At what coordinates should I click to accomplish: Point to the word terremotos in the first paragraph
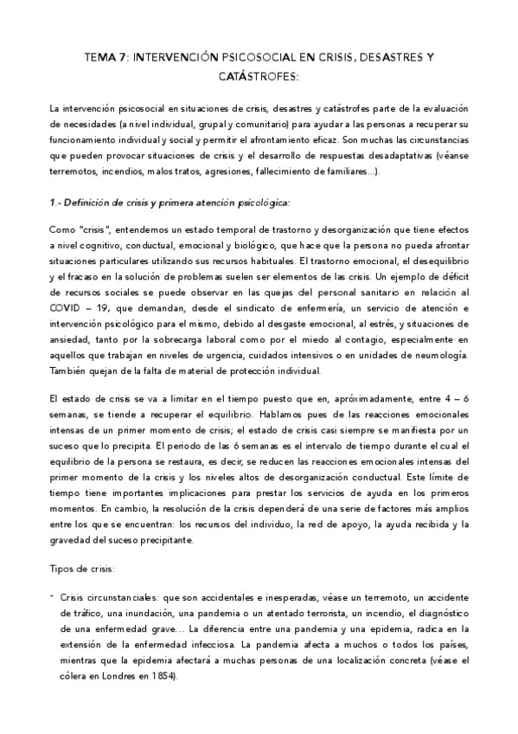[x=75, y=171]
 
